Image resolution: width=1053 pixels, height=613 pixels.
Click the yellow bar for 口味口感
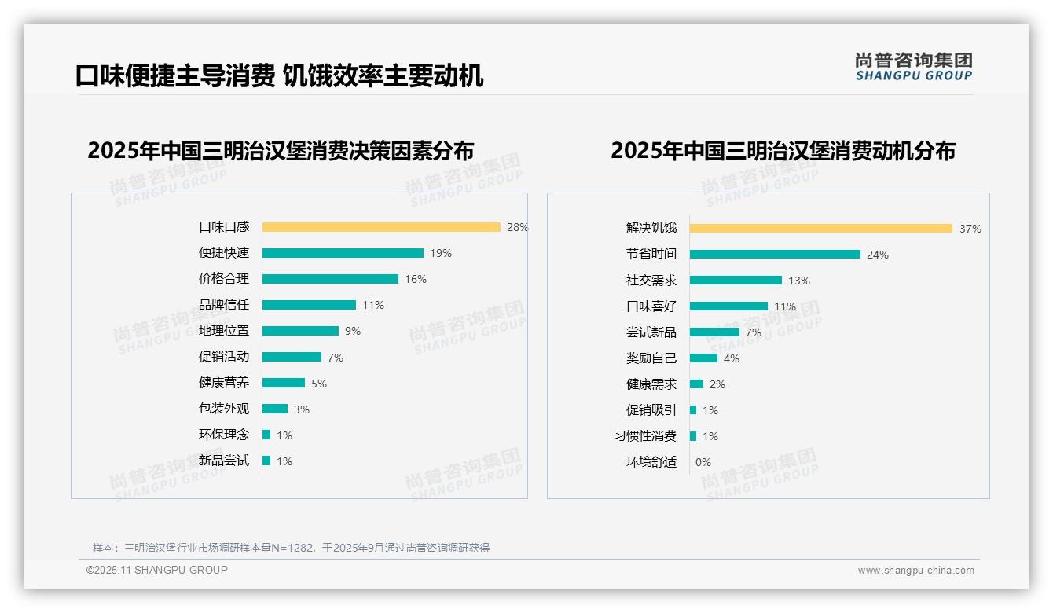click(x=381, y=227)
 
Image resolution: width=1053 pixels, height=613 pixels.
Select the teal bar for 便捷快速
click(x=343, y=253)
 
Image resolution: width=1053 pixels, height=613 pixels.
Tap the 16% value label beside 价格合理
click(x=416, y=279)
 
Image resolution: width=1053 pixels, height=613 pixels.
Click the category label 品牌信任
click(x=224, y=305)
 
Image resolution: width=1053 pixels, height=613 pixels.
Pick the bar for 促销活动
click(x=292, y=357)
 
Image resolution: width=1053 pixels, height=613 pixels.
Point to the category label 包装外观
click(x=224, y=409)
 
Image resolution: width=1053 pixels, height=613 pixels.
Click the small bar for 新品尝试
click(x=266, y=461)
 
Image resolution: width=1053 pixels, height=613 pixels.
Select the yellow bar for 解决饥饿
click(x=821, y=229)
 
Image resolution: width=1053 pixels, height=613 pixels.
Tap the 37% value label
click(x=970, y=229)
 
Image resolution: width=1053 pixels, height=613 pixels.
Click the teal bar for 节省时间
click(x=775, y=254)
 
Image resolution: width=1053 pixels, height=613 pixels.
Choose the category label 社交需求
click(x=651, y=280)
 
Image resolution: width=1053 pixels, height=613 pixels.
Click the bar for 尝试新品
click(x=714, y=332)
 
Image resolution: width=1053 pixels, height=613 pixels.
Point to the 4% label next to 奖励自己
click(x=731, y=358)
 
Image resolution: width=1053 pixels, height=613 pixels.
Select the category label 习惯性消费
click(x=645, y=435)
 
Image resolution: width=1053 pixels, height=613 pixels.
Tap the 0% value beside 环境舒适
click(x=703, y=462)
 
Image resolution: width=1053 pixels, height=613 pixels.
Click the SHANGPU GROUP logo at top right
click(x=913, y=67)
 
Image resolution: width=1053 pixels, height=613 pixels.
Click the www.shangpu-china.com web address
click(x=915, y=571)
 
